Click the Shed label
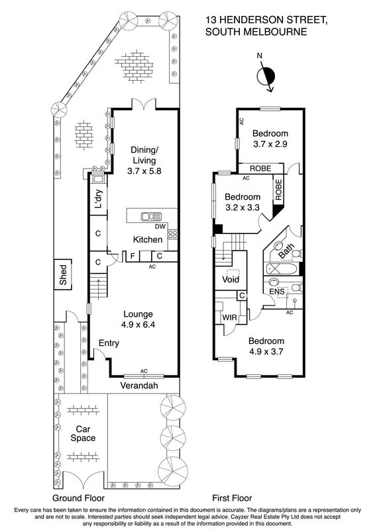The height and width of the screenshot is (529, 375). [x=63, y=274]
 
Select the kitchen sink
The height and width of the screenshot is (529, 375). [x=152, y=216]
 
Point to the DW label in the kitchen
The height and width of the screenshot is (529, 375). [x=160, y=227]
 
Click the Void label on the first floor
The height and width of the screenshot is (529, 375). [x=231, y=279]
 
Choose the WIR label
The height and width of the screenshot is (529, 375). [x=229, y=317]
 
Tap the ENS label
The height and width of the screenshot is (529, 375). [x=276, y=292]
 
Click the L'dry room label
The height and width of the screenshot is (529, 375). [x=99, y=199]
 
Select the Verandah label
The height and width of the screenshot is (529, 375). [x=139, y=386]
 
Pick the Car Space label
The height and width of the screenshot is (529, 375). [x=83, y=434]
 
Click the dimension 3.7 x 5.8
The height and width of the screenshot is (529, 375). [x=144, y=171]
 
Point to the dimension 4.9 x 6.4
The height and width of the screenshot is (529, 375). [x=138, y=325]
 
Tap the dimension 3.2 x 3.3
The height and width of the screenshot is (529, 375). [x=242, y=208]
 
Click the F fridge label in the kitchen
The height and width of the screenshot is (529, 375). [x=133, y=256]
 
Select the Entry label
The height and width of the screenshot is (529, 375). [x=109, y=343]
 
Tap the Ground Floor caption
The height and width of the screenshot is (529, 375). [x=78, y=498]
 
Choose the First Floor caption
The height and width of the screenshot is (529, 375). [x=232, y=498]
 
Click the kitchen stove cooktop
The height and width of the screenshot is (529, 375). [x=173, y=234]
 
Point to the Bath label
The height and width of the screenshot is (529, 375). [x=287, y=251]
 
